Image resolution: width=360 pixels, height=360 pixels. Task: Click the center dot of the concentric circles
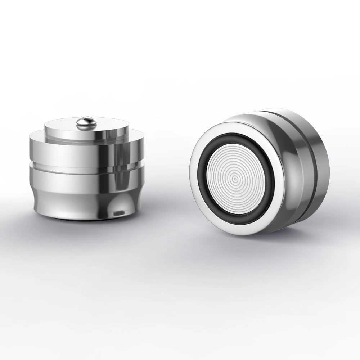[x=235, y=177]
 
